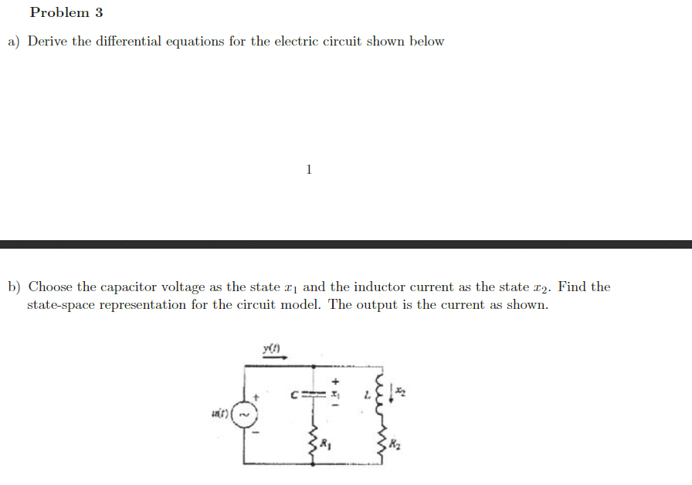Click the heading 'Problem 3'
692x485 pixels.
coord(66,13)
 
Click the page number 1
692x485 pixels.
coord(309,169)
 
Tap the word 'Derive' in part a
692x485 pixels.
coord(49,42)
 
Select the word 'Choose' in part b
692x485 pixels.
coord(51,287)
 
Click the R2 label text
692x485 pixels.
coord(395,444)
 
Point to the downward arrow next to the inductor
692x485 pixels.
coord(392,395)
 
